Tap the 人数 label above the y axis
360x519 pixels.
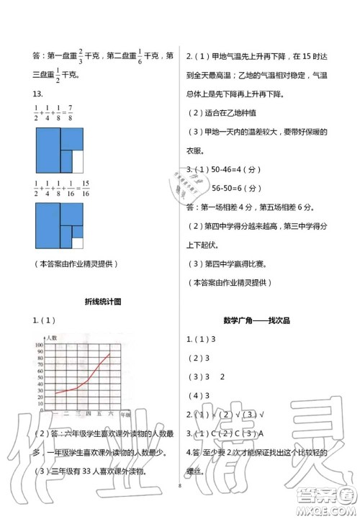click(x=51, y=338)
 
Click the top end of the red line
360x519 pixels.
click(x=110, y=353)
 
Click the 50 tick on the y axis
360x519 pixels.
click(x=40, y=378)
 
